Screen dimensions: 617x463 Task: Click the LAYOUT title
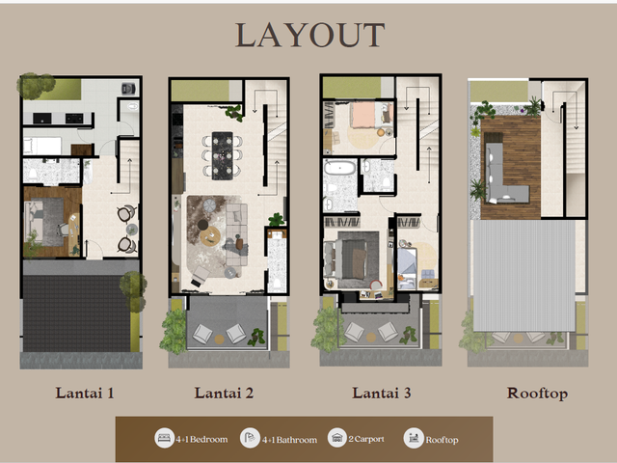[309, 35]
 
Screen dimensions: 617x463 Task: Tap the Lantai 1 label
[85, 393]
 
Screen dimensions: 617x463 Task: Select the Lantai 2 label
[224, 393]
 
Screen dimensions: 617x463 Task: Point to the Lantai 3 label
[382, 393]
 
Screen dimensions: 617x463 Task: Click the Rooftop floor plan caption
[537, 394]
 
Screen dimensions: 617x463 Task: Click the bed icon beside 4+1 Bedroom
[164, 438]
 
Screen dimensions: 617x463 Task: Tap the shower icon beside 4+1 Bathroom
[250, 438]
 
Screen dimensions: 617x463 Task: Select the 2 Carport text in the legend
[366, 439]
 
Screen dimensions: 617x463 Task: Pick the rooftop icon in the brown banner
[414, 438]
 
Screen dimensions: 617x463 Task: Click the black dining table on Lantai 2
[223, 155]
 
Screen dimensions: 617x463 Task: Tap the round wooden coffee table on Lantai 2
[210, 235]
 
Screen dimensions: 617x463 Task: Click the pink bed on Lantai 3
[366, 115]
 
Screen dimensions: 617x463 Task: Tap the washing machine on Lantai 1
[128, 88]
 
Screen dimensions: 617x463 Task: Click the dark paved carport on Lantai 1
[76, 313]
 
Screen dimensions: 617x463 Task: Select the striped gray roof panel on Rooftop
[523, 276]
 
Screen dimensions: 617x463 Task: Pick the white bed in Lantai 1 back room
[42, 146]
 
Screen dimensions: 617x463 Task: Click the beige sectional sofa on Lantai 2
[236, 233]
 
